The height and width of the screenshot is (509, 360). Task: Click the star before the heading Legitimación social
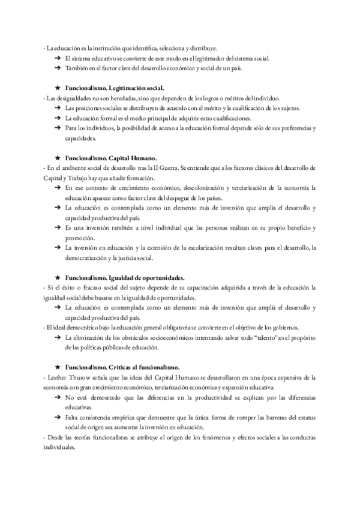tap(57, 88)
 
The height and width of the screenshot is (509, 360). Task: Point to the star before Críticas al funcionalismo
tap(57, 366)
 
